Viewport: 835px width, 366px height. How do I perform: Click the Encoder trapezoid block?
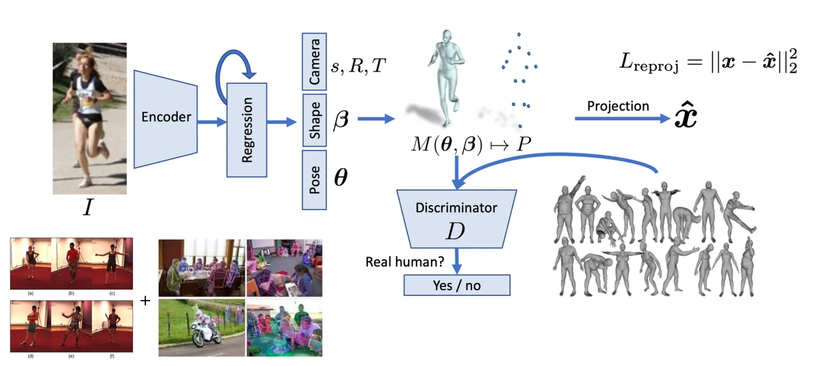point(165,119)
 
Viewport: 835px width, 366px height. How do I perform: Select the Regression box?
point(247,130)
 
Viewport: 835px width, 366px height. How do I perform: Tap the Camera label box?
point(314,61)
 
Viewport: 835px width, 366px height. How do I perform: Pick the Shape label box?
point(315,120)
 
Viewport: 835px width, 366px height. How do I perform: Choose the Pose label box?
point(314,180)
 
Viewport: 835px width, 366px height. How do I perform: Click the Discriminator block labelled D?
point(456,219)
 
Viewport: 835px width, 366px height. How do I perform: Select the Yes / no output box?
point(457,285)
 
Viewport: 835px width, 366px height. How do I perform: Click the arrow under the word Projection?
point(622,119)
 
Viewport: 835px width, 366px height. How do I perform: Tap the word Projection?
point(618,106)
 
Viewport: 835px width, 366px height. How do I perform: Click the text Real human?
point(405,262)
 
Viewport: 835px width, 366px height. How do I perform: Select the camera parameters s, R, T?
point(358,66)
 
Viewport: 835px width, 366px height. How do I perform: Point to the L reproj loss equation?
point(708,62)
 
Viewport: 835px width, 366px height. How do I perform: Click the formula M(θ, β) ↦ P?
point(471,144)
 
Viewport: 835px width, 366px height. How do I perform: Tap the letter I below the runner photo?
point(88,207)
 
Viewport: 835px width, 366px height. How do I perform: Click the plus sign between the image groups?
point(145,300)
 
